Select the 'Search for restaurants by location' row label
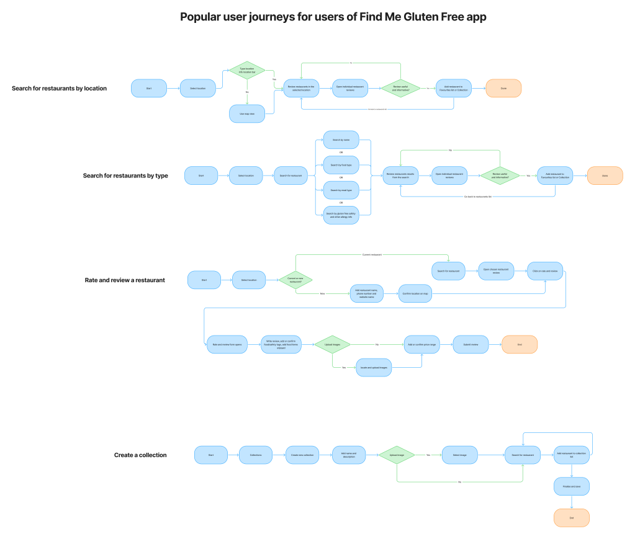59,88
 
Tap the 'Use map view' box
247,114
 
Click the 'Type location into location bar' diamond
247,71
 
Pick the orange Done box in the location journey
503,88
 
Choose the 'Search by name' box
341,140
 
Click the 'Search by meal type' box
341,190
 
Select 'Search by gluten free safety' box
341,215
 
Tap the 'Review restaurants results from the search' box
400,176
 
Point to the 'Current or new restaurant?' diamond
295,280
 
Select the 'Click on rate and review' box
545,271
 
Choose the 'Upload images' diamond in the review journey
332,344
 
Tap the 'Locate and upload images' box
374,367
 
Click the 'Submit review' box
471,344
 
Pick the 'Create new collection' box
302,455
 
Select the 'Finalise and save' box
571,486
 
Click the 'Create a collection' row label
140,455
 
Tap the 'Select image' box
459,455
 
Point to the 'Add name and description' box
349,455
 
